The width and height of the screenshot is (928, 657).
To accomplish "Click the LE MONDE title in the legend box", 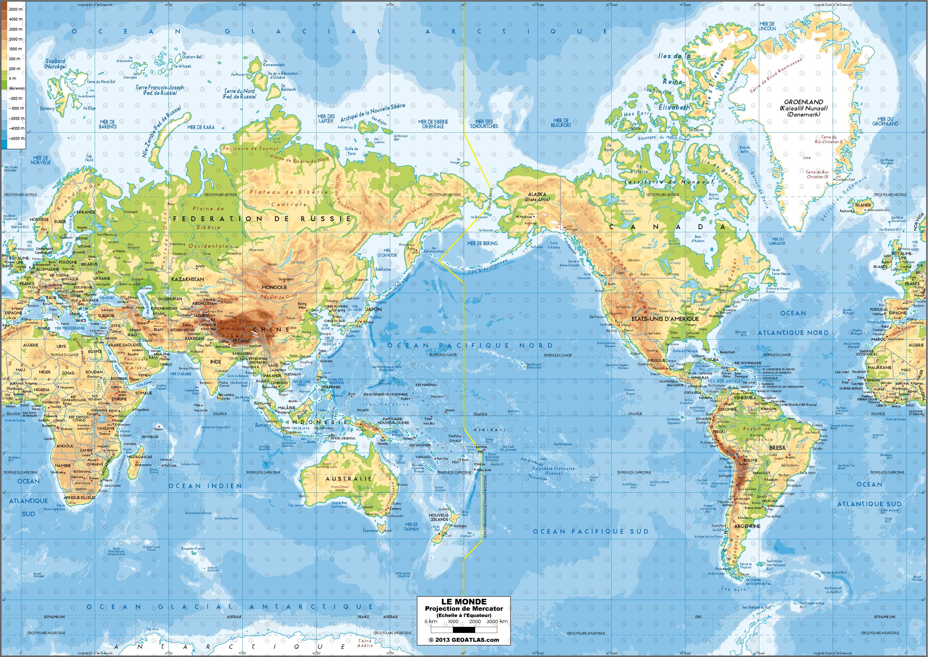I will [463, 602].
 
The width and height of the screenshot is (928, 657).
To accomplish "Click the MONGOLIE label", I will [274, 287].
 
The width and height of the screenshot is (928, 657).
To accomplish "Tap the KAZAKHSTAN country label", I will [187, 279].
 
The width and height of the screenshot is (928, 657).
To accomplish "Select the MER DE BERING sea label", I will [482, 243].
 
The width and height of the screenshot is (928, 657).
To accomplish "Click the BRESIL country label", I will [777, 448].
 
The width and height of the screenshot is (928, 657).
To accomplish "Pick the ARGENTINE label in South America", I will [747, 526].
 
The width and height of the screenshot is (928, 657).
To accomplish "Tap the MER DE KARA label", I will [201, 127].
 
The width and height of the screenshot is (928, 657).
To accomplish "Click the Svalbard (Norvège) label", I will [55, 64].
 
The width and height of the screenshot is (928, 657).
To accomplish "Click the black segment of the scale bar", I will [464, 629].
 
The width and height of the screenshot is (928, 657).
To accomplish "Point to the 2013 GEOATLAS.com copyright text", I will [464, 639].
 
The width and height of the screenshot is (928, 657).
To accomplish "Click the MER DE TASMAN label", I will [412, 526].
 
